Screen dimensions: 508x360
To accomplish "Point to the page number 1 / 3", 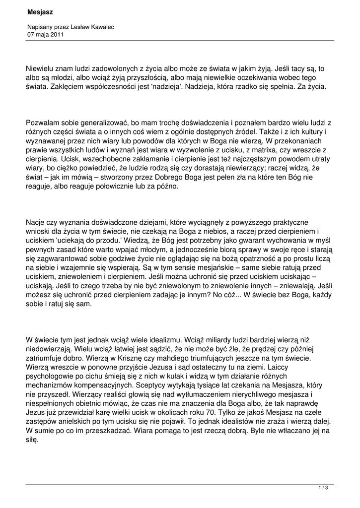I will click(x=323, y=488).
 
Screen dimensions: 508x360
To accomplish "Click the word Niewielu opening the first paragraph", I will click(x=42, y=69).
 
